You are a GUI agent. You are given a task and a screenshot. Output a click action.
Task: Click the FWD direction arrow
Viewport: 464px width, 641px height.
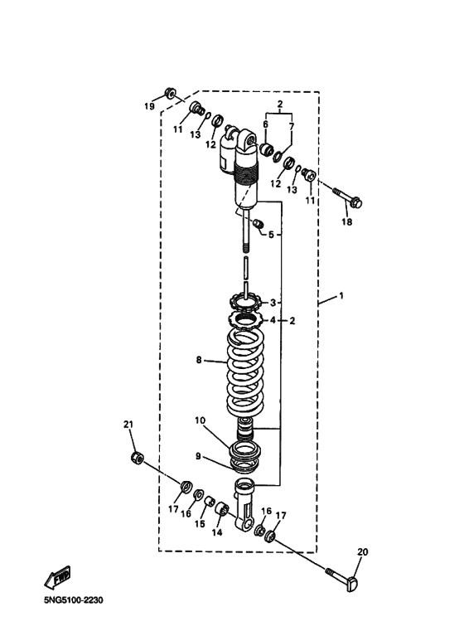coord(57,578)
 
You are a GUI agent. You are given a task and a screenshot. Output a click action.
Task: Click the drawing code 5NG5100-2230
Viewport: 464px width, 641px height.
coord(74,600)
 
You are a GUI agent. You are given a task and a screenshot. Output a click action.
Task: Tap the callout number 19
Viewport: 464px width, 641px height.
coord(149,107)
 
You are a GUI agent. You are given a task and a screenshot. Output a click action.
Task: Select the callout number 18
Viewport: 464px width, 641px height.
coord(347,222)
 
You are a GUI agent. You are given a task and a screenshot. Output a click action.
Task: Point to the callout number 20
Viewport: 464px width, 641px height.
coord(363,552)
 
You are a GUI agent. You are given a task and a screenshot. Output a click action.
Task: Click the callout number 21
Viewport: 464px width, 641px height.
coord(128,425)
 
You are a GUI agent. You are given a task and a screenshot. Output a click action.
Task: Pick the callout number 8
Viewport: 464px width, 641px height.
coord(199,360)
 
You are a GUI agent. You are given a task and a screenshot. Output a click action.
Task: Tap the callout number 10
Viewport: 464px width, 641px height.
coord(201,420)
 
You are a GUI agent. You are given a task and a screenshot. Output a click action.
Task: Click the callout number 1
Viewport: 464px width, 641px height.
coord(341,295)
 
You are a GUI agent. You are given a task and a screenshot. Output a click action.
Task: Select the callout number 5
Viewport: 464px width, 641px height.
coord(271,235)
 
